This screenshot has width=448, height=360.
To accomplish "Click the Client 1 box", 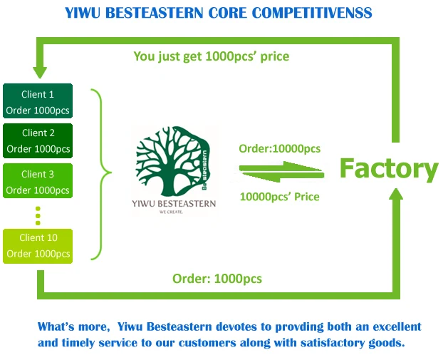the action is [x=38, y=101].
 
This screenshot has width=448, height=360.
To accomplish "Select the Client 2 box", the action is [x=38, y=140].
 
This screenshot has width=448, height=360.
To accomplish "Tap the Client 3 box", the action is [x=38, y=181].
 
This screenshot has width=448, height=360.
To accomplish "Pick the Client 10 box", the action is [x=38, y=246].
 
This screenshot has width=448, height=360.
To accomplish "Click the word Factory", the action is [x=389, y=169].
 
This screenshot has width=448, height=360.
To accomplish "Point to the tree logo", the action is [x=173, y=162].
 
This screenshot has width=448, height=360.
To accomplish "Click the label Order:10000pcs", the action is [x=280, y=149].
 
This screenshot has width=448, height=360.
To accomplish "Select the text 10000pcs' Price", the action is [x=280, y=197].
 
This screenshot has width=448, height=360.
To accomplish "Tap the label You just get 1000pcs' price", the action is [x=212, y=56].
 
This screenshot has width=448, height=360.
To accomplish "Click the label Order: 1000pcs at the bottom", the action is [x=217, y=279].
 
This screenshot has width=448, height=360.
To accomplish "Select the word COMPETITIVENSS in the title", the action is [x=312, y=13].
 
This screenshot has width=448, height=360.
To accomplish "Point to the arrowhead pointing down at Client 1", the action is [x=40, y=73].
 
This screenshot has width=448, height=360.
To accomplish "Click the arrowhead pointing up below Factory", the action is [x=396, y=194].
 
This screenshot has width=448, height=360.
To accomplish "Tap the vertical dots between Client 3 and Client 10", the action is [x=38, y=216].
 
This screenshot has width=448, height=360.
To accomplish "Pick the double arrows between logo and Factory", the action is [x=281, y=172].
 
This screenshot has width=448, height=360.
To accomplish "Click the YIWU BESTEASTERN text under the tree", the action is [x=174, y=204].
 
